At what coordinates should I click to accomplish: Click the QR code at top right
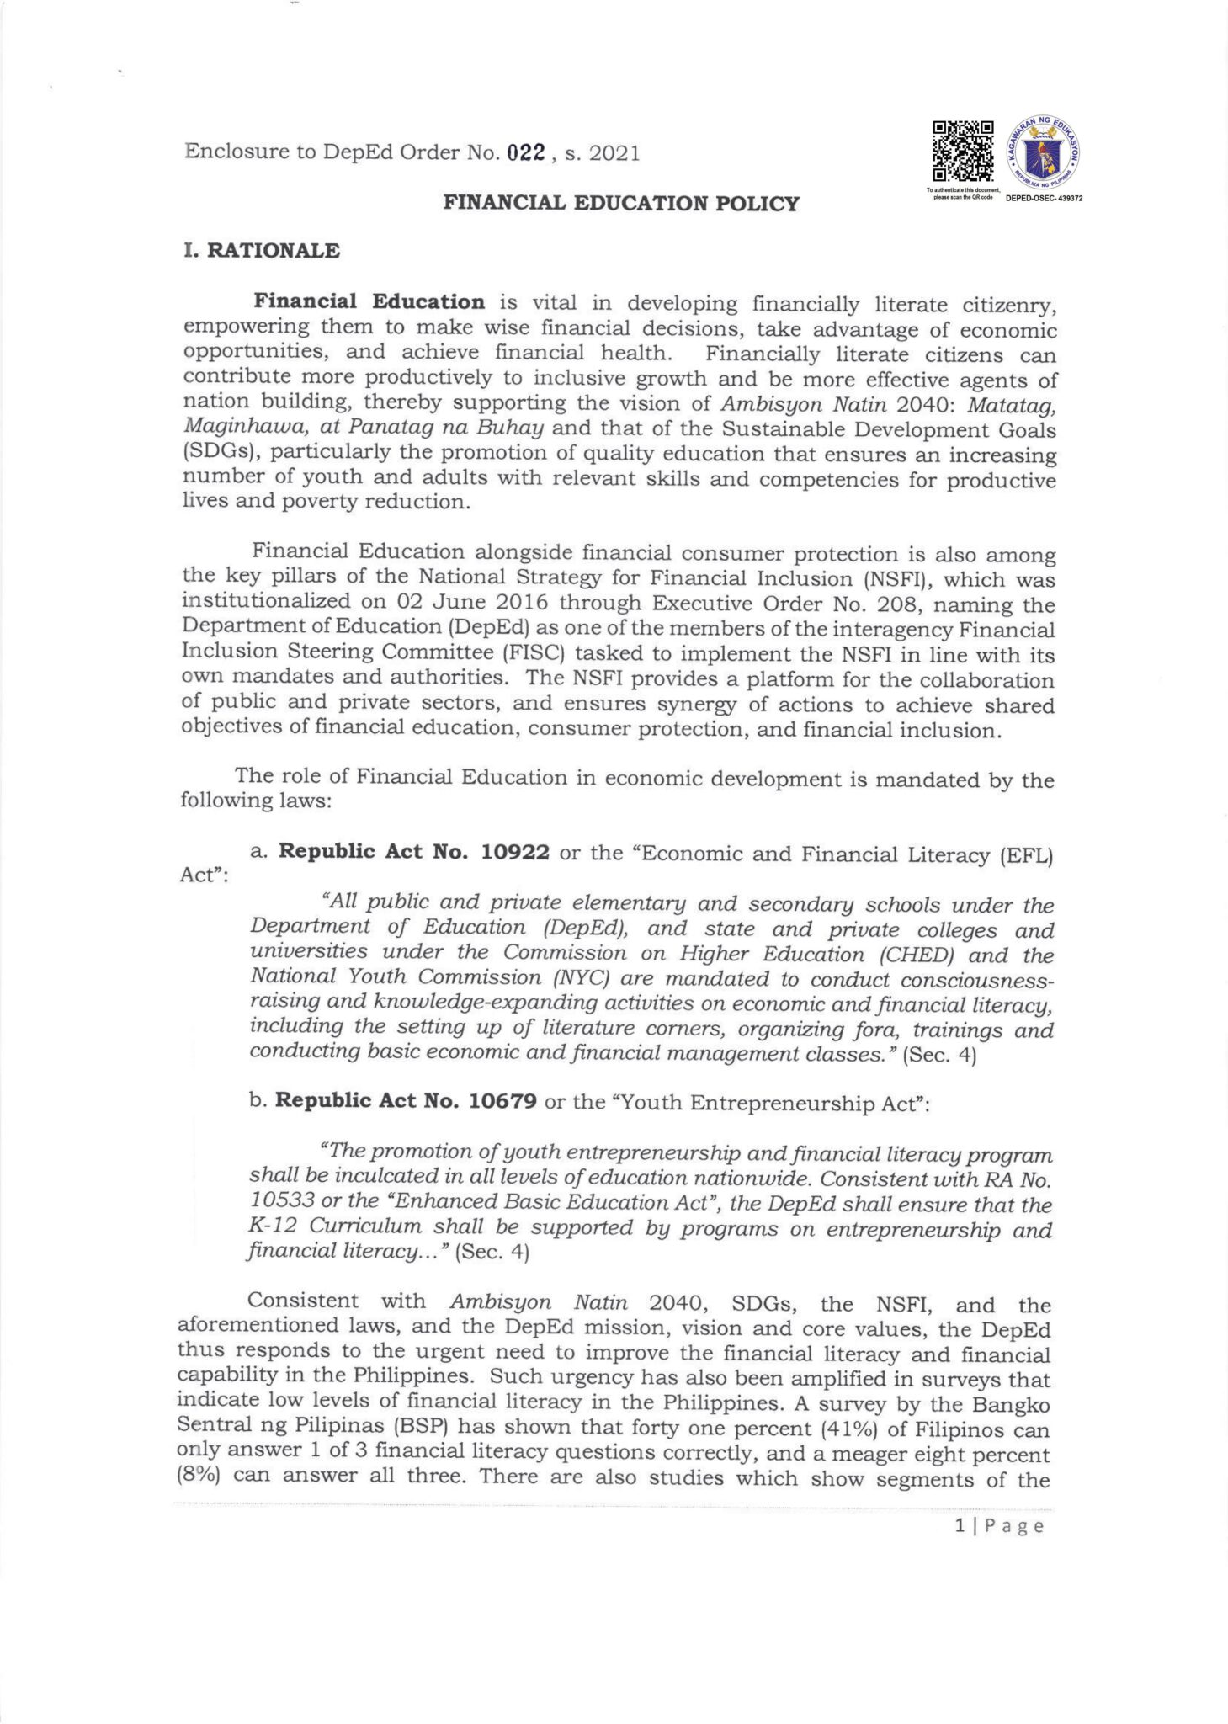coord(963,152)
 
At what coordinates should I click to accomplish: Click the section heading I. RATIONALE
coord(262,251)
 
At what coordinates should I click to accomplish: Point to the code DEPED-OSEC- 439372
coord(1044,199)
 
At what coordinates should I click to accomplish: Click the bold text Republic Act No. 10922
coord(413,853)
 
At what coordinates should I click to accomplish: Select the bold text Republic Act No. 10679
coord(407,1102)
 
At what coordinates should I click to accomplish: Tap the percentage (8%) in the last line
coord(199,1479)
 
